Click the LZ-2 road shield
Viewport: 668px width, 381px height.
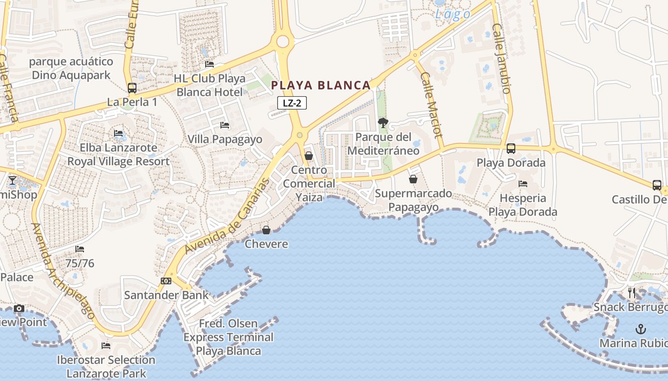coord(292,103)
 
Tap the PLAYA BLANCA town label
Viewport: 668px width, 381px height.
coord(321,86)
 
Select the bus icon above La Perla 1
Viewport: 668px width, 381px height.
coord(132,88)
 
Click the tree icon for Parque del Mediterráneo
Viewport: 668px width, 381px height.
coord(383,123)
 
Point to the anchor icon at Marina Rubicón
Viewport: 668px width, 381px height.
coord(641,329)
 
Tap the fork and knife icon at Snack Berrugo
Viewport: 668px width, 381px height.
coord(632,292)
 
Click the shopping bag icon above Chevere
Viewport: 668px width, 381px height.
coord(266,231)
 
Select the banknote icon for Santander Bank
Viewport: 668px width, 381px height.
coord(166,281)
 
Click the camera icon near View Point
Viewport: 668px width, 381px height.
coord(19,309)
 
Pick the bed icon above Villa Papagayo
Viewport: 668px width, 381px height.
coord(225,125)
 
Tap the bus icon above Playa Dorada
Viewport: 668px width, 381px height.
coord(511,149)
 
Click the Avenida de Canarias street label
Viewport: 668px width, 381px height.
coord(228,216)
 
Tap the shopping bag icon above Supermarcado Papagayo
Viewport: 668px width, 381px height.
coord(413,179)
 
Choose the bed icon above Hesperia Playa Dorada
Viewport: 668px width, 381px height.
coord(523,184)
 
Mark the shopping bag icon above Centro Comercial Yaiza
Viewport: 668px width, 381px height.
coord(309,156)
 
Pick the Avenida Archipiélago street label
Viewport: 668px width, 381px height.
coord(63,271)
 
